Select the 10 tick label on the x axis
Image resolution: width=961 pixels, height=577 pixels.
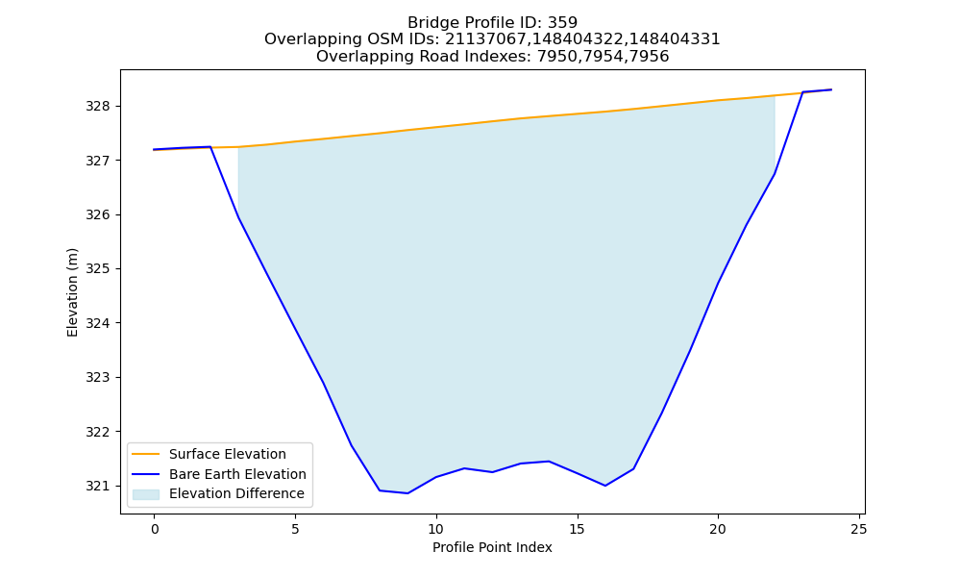click(x=435, y=529)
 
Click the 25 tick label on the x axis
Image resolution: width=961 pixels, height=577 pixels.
click(x=859, y=529)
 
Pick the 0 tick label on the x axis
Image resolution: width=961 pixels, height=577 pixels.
click(x=155, y=529)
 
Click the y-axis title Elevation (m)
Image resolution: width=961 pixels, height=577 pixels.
click(x=72, y=292)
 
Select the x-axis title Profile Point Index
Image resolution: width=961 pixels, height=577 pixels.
click(x=492, y=547)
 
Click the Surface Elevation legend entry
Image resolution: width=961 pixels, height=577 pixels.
click(x=228, y=454)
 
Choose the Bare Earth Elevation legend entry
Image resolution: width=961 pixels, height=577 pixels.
click(x=237, y=474)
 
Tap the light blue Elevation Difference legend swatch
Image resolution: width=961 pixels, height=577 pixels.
click(x=146, y=494)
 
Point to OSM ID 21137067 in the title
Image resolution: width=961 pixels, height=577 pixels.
click(x=484, y=39)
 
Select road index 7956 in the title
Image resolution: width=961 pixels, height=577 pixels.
click(x=649, y=57)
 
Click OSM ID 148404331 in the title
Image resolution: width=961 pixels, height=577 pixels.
click(x=675, y=39)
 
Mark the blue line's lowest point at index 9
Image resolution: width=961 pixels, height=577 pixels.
click(x=407, y=493)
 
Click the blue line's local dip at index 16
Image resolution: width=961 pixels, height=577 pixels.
click(x=604, y=486)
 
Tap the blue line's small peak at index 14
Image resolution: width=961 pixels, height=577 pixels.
click(x=549, y=461)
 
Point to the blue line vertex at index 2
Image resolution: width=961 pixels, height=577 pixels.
click(x=210, y=147)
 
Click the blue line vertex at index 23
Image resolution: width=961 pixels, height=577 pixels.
click(x=802, y=92)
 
